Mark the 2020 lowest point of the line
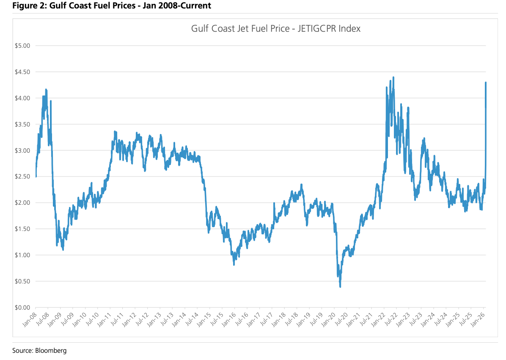340,287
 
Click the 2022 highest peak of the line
393,77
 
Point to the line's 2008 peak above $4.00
46,90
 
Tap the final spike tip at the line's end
486,82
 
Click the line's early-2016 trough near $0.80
234,264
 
